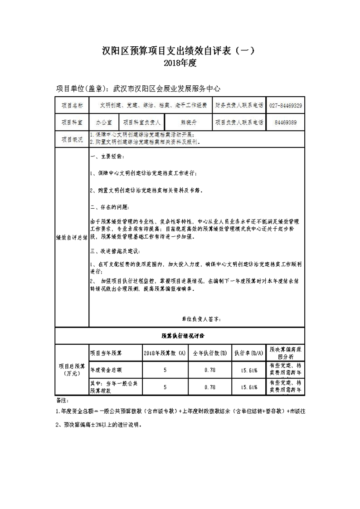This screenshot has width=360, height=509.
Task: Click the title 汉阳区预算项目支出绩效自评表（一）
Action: [x=180, y=50]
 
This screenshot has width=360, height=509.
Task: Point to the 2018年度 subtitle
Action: [x=180, y=64]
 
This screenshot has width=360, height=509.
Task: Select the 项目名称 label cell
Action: [x=72, y=105]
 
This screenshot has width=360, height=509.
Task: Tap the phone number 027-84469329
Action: [x=286, y=105]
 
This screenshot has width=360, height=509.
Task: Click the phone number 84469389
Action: [x=286, y=122]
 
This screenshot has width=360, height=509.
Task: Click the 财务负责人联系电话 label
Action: [x=239, y=105]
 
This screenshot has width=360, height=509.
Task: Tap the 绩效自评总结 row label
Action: [x=72, y=237]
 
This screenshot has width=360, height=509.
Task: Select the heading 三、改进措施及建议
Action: [x=115, y=251]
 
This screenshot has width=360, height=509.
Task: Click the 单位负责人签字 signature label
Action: [x=201, y=319]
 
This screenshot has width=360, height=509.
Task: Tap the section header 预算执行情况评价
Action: [x=180, y=336]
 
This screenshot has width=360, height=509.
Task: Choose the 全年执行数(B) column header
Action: [x=210, y=352]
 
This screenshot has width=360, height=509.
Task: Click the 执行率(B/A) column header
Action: [x=249, y=352]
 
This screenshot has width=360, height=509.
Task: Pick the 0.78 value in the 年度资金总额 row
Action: [x=210, y=370]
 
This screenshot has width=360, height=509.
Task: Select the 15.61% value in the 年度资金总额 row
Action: [x=249, y=370]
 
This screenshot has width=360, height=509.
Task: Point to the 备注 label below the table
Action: [x=61, y=401]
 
